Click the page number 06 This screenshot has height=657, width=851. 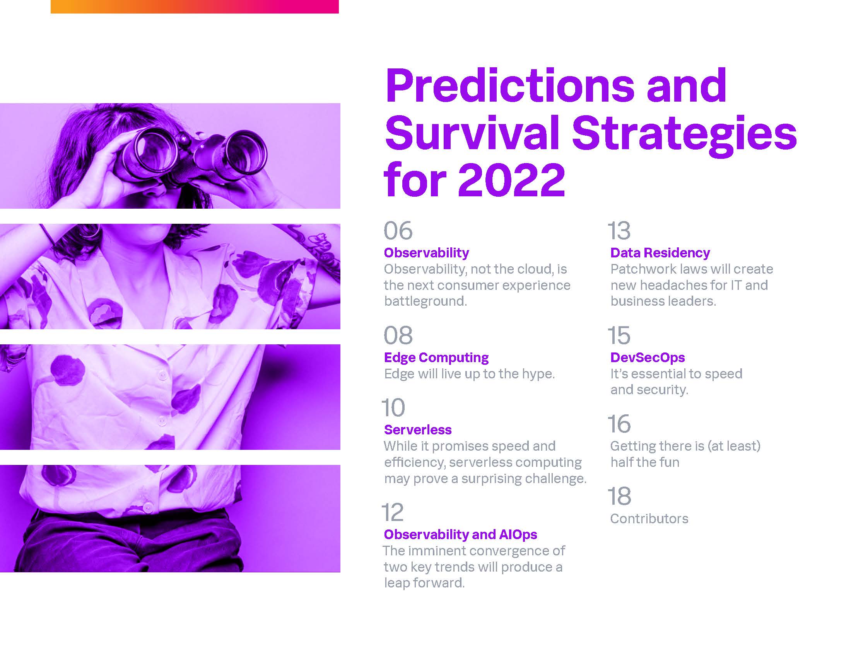398,231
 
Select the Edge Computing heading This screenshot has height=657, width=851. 436,357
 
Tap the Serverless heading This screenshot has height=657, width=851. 418,430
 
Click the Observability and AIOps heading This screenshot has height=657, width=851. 461,534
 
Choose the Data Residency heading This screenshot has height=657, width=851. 660,253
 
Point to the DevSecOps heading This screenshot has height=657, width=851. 648,357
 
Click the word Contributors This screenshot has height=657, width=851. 649,519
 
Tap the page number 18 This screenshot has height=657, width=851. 619,496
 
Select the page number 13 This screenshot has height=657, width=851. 619,231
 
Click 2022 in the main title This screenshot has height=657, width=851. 511,180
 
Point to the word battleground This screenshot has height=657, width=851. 425,301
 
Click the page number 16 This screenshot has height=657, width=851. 619,424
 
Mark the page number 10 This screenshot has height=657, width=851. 393,407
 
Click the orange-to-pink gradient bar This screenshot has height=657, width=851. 195,7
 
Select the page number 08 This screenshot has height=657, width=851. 398,335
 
